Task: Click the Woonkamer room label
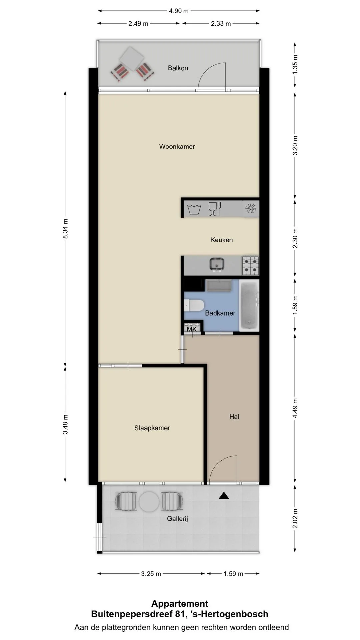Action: pyautogui.click(x=177, y=146)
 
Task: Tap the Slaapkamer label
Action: pyautogui.click(x=152, y=428)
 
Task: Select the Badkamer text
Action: pyautogui.click(x=220, y=313)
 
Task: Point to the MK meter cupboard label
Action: pyautogui.click(x=192, y=329)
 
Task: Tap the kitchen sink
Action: pyautogui.click(x=217, y=265)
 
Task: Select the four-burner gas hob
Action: pyautogui.click(x=250, y=265)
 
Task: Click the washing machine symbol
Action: pyautogui.click(x=194, y=209)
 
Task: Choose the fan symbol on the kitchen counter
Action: pyautogui.click(x=251, y=209)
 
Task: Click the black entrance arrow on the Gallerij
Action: pyautogui.click(x=224, y=496)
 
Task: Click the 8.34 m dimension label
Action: pyautogui.click(x=66, y=228)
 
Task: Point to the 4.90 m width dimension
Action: pyautogui.click(x=179, y=11)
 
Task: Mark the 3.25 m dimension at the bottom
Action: pyautogui.click(x=151, y=574)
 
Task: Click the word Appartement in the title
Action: pyautogui.click(x=180, y=604)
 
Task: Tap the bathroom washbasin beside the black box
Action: pyautogui.click(x=219, y=285)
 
